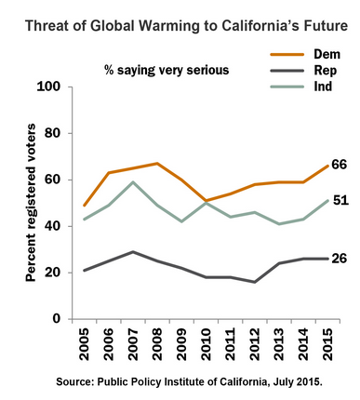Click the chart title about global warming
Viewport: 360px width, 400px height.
pos(186,26)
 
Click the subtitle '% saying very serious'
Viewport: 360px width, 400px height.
pos(167,70)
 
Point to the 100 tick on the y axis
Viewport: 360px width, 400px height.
pos(48,87)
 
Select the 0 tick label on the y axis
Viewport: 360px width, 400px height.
pos(57,319)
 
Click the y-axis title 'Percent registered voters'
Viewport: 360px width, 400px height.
pos(31,203)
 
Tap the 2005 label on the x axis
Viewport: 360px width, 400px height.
pos(84,344)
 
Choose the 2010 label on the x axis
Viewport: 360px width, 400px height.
pos(206,344)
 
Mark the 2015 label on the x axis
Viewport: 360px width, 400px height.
pos(327,344)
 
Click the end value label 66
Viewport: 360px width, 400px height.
pos(339,165)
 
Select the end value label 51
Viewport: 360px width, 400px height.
pos(340,200)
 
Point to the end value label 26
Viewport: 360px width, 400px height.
pos(339,259)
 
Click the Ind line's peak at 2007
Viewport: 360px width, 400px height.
pos(133,182)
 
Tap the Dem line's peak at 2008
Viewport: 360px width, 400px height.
pos(157,163)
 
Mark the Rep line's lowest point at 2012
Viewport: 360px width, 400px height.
pos(255,282)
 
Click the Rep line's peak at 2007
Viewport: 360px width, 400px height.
pos(133,252)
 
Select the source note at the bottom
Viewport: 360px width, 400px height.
pos(189,381)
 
